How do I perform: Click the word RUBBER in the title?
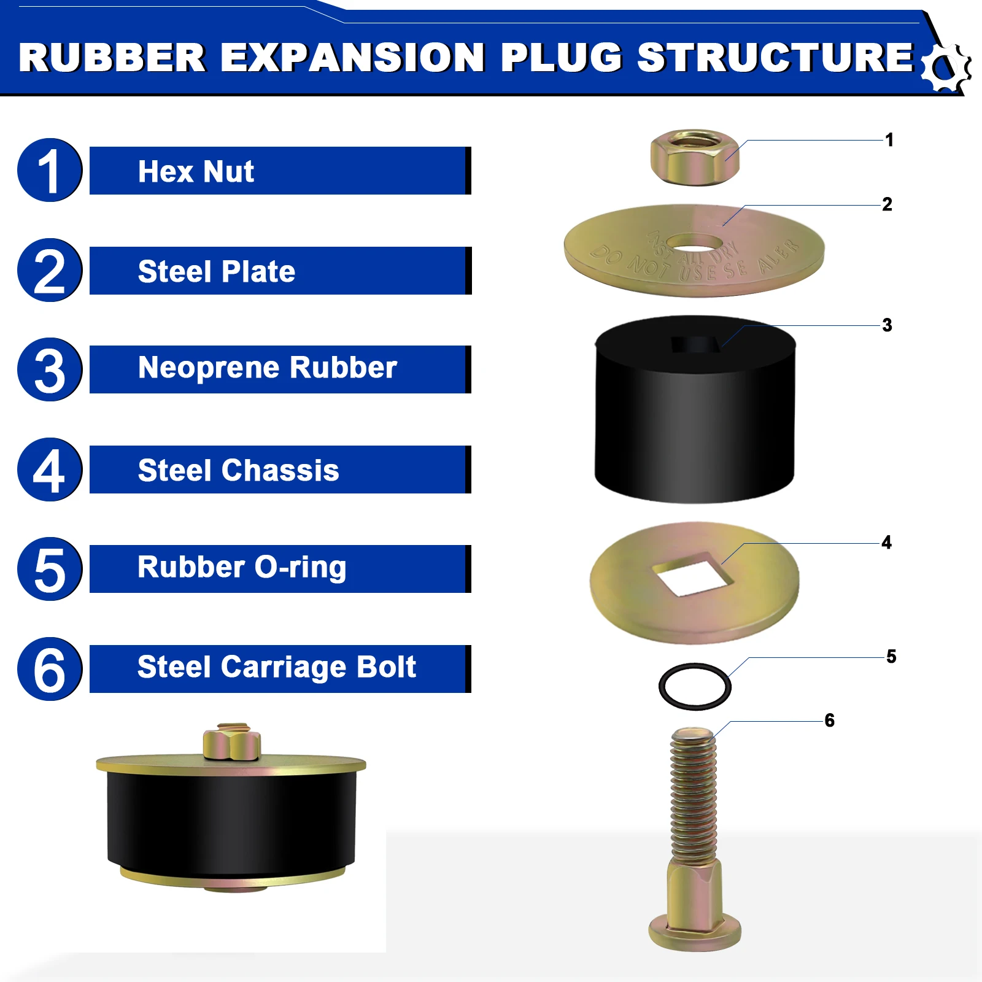point(112,58)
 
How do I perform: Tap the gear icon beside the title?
point(946,68)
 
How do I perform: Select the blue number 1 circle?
point(50,170)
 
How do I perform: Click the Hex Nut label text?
point(196,171)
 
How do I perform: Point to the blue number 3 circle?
point(50,369)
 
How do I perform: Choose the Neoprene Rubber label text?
point(267,368)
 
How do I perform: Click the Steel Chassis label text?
point(238,471)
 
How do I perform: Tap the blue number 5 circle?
point(50,569)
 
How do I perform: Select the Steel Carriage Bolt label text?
point(276,668)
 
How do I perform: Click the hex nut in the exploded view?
point(695,157)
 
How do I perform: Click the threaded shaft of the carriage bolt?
point(693,798)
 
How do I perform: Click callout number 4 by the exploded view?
point(886,543)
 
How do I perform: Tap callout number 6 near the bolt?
point(830,720)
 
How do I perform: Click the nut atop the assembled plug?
point(231,741)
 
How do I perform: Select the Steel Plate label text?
point(216,271)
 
